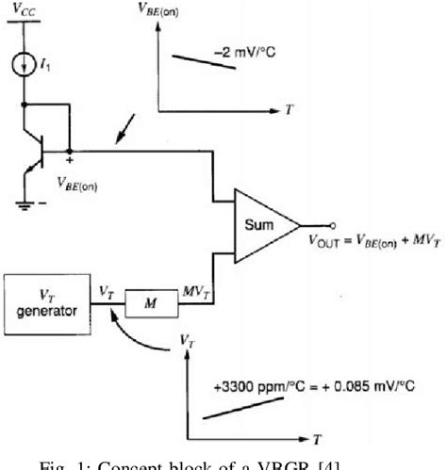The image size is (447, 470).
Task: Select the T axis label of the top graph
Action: (x=288, y=109)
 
